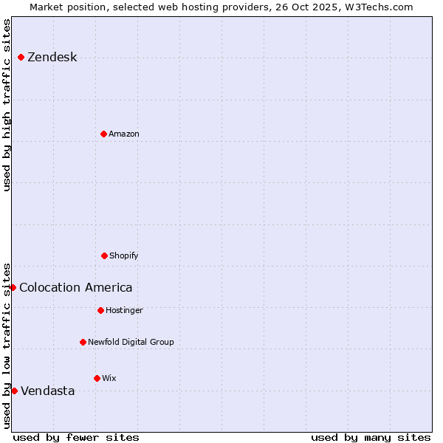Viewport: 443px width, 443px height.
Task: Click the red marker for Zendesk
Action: tap(21, 58)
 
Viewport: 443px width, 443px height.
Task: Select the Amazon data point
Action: tap(103, 134)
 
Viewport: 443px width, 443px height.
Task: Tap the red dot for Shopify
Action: tap(104, 255)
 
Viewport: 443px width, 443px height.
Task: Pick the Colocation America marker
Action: tap(13, 287)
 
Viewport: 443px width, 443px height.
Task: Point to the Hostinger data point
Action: tap(100, 310)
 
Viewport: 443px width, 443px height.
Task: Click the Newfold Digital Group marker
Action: tap(83, 342)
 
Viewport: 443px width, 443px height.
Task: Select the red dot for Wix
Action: tap(97, 378)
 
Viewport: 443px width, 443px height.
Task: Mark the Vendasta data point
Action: tap(14, 391)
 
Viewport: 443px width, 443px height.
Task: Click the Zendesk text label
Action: tap(52, 58)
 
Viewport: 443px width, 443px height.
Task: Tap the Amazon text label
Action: tap(124, 134)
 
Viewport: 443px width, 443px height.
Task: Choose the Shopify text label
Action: tap(124, 255)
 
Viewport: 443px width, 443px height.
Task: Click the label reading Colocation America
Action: tap(76, 287)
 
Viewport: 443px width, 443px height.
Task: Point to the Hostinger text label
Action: tap(124, 310)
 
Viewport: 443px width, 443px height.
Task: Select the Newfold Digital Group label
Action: tap(131, 342)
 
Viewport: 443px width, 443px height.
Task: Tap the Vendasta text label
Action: tap(48, 391)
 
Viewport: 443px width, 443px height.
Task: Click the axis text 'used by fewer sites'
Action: tap(76, 437)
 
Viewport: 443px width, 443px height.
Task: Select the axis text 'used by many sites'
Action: tap(371, 437)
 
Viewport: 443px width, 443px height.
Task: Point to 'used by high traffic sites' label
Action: tap(7, 105)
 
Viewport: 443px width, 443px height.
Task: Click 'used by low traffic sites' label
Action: tap(7, 345)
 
